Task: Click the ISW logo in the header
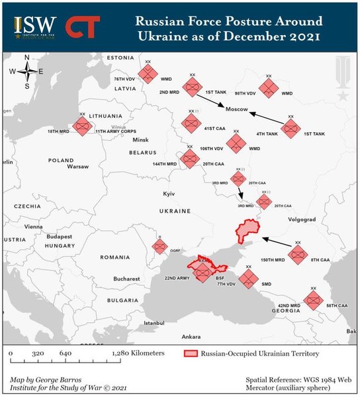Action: (35, 27)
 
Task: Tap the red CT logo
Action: (83, 27)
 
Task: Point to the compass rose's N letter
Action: (26, 58)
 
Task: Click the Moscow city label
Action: (236, 109)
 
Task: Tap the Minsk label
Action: (141, 140)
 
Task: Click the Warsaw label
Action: (77, 167)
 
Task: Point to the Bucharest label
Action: (126, 279)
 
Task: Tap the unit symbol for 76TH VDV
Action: (147, 73)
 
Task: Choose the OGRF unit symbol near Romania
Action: (159, 246)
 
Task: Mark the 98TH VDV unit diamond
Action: (267, 87)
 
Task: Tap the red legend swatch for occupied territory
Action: (191, 354)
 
